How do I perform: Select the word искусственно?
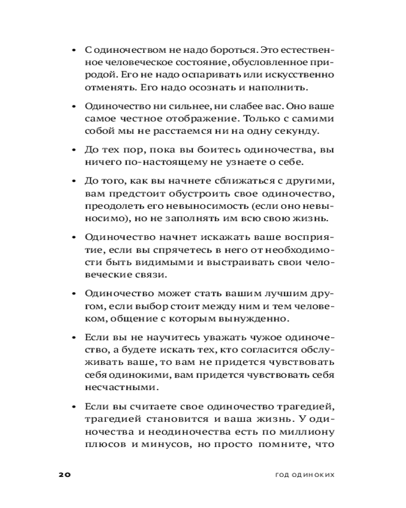tap(308, 75)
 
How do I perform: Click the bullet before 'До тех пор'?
tap(74, 150)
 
